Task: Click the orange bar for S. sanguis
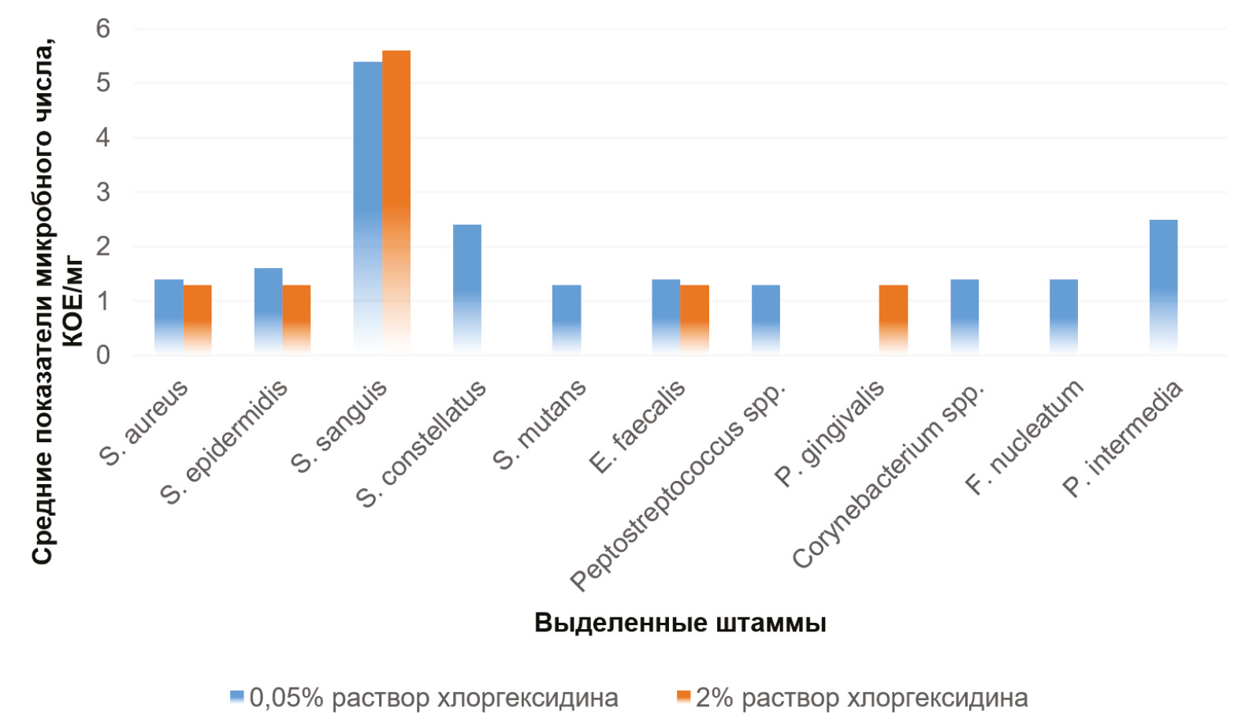tap(396, 201)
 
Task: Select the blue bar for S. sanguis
tap(367, 207)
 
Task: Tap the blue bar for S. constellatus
tap(467, 289)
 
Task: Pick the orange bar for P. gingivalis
tap(894, 319)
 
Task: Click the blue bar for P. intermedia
tap(1163, 286)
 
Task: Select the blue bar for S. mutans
tap(567, 319)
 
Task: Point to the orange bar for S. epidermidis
tap(296, 319)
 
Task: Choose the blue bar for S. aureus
tap(169, 316)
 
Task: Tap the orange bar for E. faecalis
tap(694, 319)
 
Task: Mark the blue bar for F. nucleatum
tap(1064, 316)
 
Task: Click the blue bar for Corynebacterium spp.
tap(965, 316)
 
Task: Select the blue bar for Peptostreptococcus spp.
tap(765, 319)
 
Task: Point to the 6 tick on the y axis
tap(103, 29)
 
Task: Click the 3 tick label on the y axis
tap(103, 192)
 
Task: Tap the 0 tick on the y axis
tap(103, 356)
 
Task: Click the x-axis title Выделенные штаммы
tap(680, 623)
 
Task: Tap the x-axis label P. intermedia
tap(1124, 439)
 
